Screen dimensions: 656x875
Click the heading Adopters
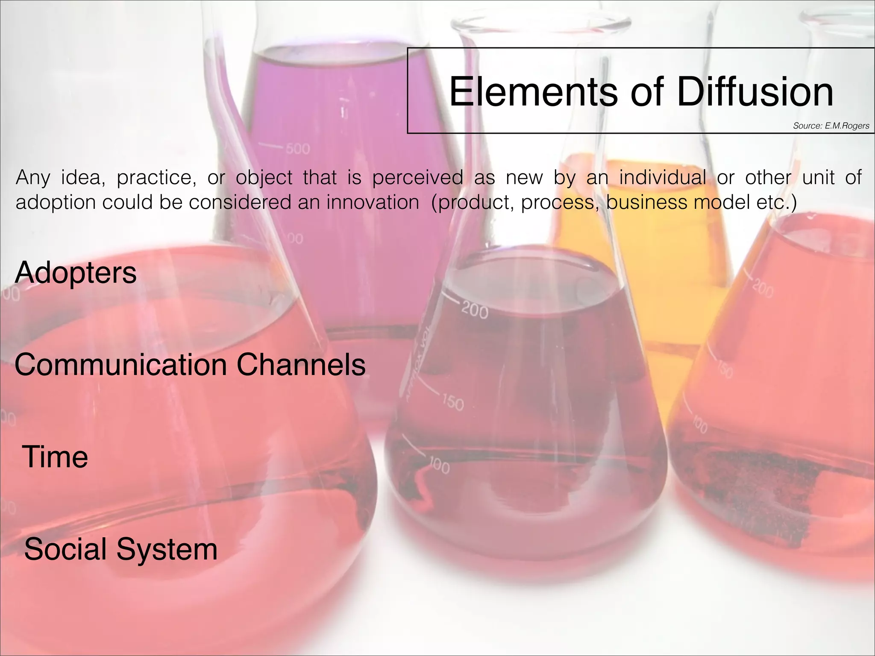tap(76, 273)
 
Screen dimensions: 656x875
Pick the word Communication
tap(120, 365)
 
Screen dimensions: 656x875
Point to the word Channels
tap(301, 365)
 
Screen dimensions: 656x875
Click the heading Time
tap(55, 457)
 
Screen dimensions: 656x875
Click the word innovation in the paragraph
tap(373, 202)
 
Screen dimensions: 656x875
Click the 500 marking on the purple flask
tap(298, 149)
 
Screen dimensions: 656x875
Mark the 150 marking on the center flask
tap(452, 402)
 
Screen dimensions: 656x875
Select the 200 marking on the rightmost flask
tap(763, 288)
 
